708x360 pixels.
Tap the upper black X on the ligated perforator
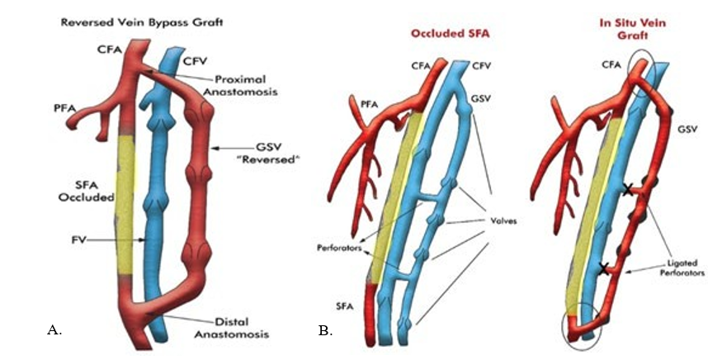pyautogui.click(x=628, y=190)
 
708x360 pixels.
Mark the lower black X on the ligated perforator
pyautogui.click(x=605, y=268)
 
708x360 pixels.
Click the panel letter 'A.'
pyautogui.click(x=54, y=330)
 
